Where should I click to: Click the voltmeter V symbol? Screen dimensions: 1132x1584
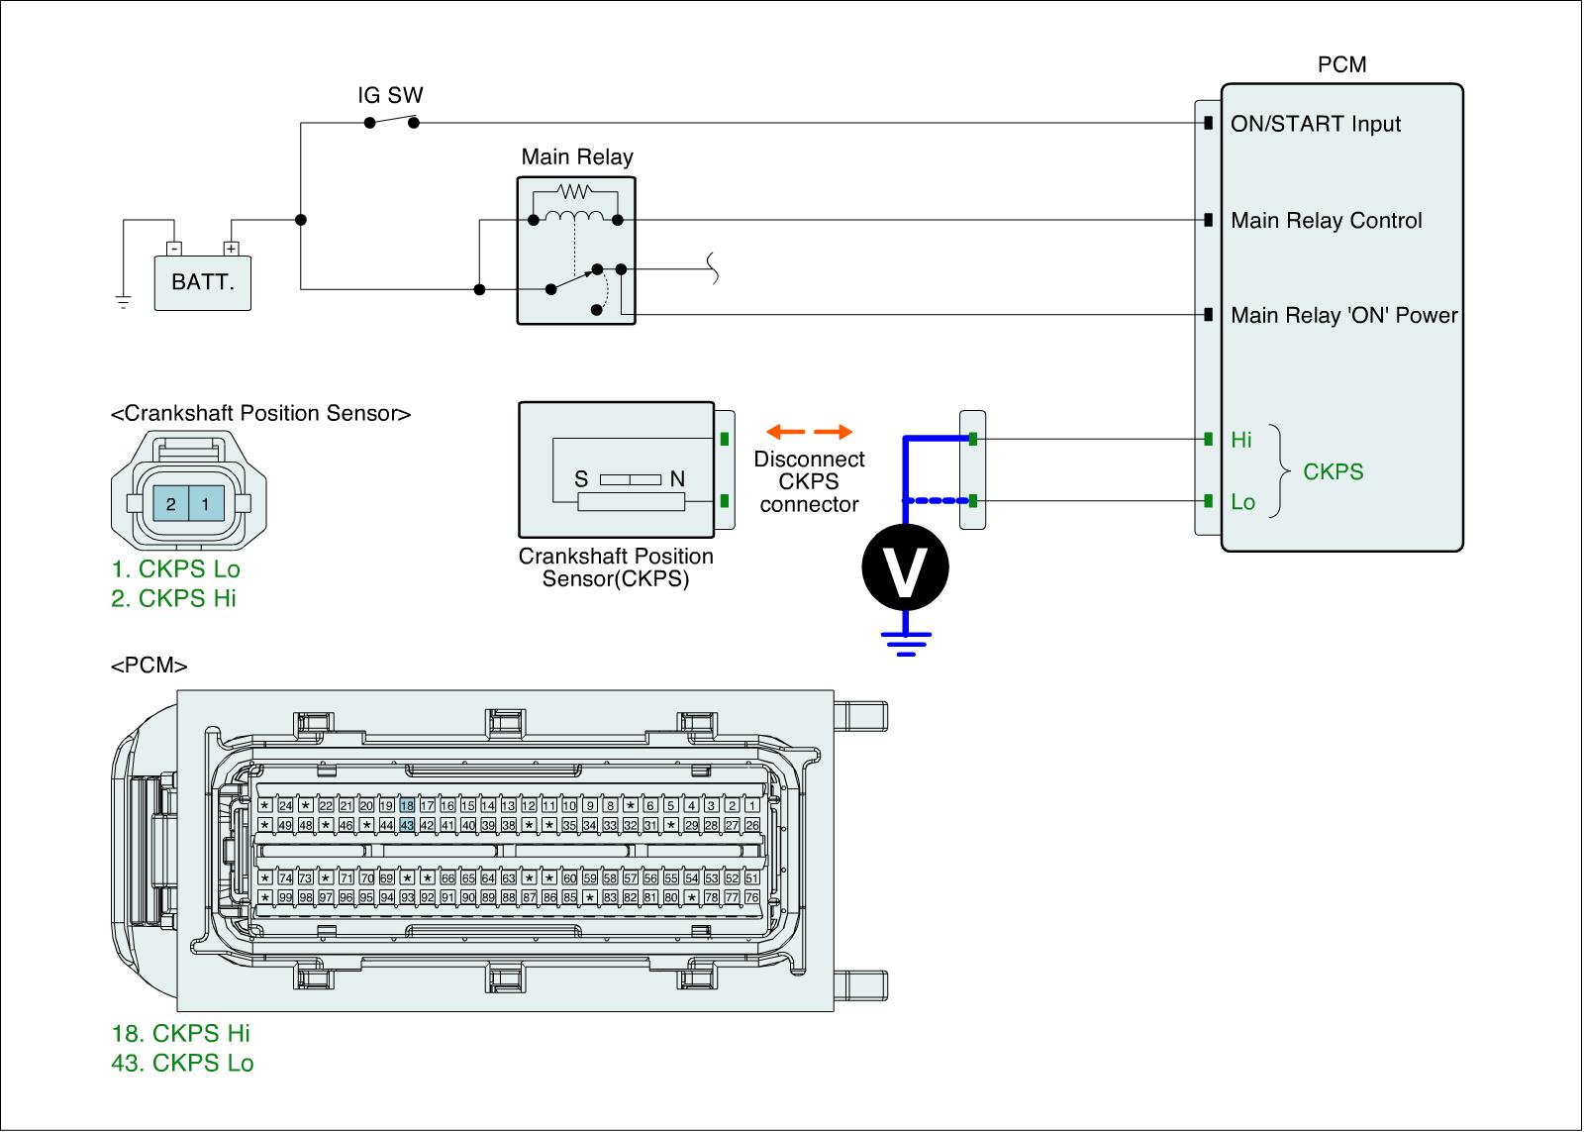click(904, 568)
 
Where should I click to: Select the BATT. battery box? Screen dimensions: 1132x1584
click(203, 282)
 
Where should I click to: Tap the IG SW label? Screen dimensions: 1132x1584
click(390, 95)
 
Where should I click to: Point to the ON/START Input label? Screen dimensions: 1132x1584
click(1316, 124)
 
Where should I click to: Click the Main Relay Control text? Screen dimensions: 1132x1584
click(1326, 221)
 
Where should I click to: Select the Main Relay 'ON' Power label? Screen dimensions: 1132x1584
click(1343, 315)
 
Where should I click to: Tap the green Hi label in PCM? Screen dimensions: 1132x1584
click(1241, 440)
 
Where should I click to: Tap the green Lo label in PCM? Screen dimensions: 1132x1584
click(1242, 502)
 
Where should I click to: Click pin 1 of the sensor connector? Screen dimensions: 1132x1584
click(205, 504)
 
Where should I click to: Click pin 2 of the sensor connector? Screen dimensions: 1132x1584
click(170, 504)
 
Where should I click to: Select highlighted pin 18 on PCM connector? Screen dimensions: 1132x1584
click(406, 806)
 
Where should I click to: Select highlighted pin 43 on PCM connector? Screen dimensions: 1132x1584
click(406, 825)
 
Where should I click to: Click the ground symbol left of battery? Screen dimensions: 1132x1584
click(123, 301)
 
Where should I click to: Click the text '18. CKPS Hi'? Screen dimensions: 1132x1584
click(180, 1033)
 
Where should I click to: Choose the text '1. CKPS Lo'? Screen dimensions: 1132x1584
click(175, 568)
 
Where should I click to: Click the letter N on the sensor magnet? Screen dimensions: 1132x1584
click(677, 479)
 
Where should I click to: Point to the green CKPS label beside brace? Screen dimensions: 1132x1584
click(1333, 471)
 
